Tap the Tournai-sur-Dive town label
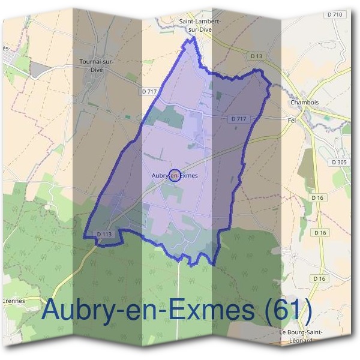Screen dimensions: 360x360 coord(96,64)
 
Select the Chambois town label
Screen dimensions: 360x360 coord(303,102)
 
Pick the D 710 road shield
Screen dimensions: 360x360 coord(335,14)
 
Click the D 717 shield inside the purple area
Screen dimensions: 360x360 coord(239,119)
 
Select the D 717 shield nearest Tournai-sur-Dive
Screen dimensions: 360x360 coord(151,91)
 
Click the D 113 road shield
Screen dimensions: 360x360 coord(104,234)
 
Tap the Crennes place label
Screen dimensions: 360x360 coord(12,301)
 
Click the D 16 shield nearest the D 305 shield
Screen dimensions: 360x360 coord(317,197)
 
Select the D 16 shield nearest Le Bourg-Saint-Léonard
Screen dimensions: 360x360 coord(318,278)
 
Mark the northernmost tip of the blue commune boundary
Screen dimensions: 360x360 coord(194,38)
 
